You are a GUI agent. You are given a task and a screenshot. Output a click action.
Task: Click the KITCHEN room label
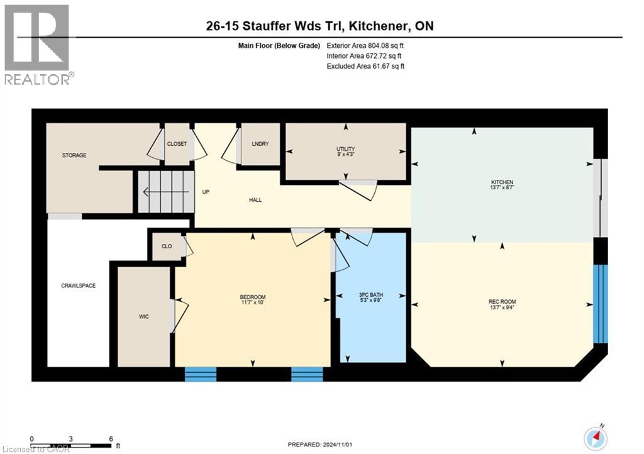[x=502, y=182]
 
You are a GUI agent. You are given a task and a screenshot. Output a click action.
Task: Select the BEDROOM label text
[x=252, y=297]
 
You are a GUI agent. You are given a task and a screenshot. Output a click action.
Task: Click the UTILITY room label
[x=345, y=149]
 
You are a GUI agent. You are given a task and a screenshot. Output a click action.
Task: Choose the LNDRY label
[x=260, y=144]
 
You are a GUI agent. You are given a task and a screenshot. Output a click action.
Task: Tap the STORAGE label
[x=74, y=155]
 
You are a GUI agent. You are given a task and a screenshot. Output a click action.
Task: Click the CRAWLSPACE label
[x=78, y=285]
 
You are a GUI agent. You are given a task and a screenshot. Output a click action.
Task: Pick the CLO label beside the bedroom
[x=167, y=246]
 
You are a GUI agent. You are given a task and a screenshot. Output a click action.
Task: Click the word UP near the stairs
[x=206, y=192]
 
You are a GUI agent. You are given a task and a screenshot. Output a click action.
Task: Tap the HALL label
[x=255, y=200]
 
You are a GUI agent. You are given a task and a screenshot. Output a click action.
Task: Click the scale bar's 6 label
[x=111, y=438]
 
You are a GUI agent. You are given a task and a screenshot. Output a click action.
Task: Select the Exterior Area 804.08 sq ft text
[x=365, y=45]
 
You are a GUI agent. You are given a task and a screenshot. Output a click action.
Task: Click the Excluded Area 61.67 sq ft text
[x=365, y=65]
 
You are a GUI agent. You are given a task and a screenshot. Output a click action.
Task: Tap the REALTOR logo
[x=38, y=44]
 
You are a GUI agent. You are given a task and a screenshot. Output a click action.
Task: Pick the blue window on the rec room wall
[x=601, y=303]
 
